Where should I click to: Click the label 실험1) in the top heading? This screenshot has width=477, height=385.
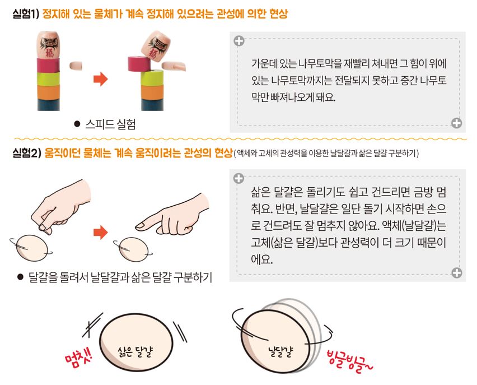click(x=26, y=14)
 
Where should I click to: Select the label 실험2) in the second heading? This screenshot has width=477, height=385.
click(x=27, y=152)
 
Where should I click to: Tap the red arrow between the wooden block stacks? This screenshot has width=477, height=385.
click(x=100, y=79)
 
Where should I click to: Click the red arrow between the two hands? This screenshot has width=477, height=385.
click(x=100, y=233)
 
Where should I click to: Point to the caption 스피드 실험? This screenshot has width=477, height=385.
click(x=110, y=124)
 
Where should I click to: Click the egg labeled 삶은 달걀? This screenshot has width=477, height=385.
click(x=136, y=342)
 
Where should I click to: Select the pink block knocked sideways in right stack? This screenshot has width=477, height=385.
click(x=139, y=64)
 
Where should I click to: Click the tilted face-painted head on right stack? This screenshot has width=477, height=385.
click(x=156, y=47)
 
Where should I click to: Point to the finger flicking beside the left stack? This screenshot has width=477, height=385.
click(x=76, y=66)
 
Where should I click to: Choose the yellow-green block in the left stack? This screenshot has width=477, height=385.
click(x=48, y=78)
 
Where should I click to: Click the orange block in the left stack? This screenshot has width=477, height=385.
click(x=48, y=92)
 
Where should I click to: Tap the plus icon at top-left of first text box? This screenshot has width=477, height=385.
click(x=239, y=41)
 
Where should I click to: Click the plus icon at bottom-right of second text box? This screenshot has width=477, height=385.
click(x=457, y=272)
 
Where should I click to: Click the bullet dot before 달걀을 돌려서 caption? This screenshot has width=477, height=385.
click(x=20, y=277)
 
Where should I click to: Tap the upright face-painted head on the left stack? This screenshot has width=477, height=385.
click(x=48, y=44)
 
